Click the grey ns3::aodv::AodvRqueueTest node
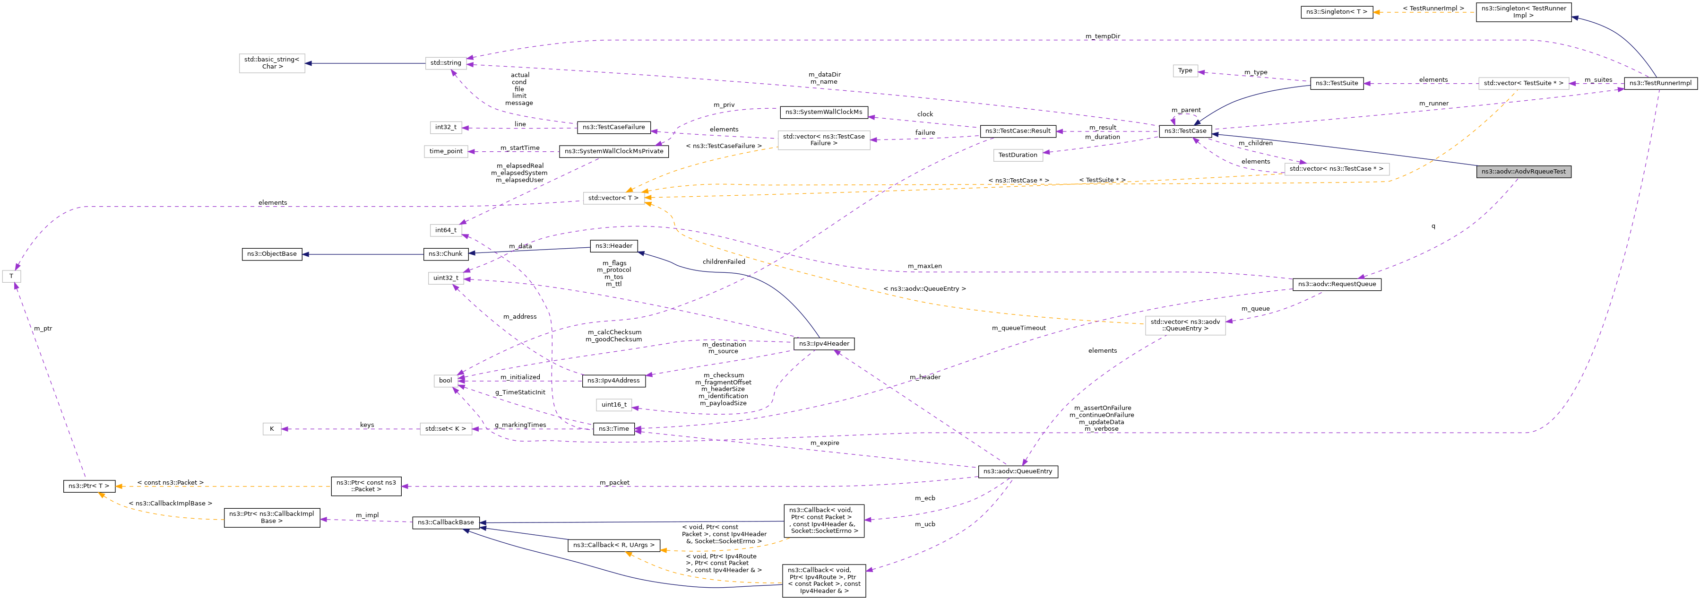tap(1523, 172)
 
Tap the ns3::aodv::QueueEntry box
tap(1017, 471)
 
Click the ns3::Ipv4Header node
tap(824, 344)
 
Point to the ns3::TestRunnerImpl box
tap(1660, 83)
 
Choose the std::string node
tap(446, 63)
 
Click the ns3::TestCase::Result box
tap(1018, 130)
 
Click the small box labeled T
tap(11, 277)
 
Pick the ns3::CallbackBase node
tap(446, 522)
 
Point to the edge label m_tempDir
tap(1102, 36)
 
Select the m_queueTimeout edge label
tap(1018, 328)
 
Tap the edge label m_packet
tap(614, 483)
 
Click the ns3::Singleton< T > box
tap(1337, 12)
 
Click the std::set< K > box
tap(446, 429)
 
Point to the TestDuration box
tap(1018, 155)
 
